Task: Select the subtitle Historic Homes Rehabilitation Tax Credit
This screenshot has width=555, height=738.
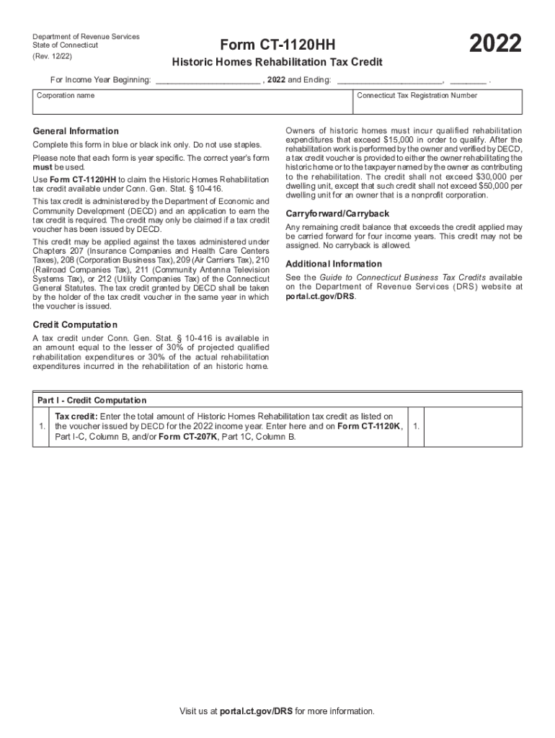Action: coord(277,62)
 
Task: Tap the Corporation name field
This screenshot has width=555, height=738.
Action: coord(192,106)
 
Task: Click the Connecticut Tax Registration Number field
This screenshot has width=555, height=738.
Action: coord(437,106)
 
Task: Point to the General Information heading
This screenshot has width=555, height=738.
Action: coord(76,131)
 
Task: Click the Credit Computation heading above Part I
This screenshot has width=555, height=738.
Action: coord(75,325)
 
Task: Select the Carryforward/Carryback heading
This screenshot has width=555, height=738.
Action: coord(337,214)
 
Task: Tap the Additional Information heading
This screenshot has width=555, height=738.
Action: coord(334,264)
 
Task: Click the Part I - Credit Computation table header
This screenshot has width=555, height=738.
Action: coord(92,400)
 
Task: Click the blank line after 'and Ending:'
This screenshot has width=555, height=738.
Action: coord(389,79)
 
